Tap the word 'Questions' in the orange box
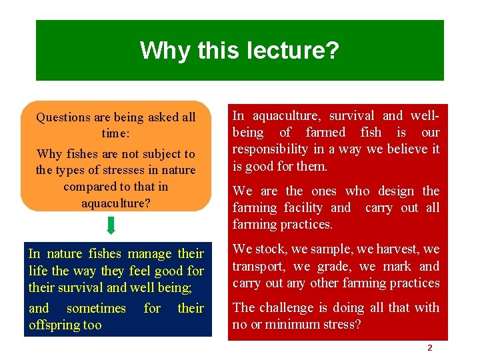pyautogui.click(x=63, y=118)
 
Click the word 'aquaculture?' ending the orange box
pyautogui.click(x=115, y=203)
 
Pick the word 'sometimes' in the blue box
pyautogui.click(x=96, y=308)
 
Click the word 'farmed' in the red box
pyautogui.click(x=325, y=133)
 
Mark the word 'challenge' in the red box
pyautogui.click(x=290, y=308)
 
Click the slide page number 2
pyautogui.click(x=429, y=348)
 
